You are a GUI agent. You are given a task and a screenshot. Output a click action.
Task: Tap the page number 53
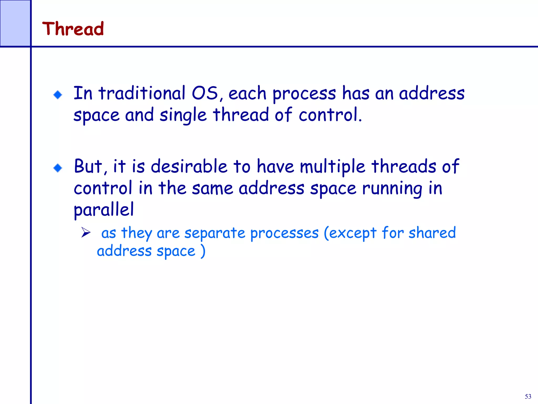(x=528, y=396)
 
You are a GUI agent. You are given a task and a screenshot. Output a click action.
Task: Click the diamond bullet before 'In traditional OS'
(x=58, y=95)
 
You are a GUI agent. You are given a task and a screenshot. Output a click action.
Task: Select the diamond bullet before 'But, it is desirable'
(x=58, y=168)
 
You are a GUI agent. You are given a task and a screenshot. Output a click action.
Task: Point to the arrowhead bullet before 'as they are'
(x=86, y=233)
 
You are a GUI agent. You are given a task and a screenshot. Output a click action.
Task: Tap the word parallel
(x=104, y=210)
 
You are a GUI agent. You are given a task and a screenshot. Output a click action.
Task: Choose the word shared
(x=432, y=233)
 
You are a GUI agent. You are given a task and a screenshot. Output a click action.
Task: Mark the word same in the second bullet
(x=212, y=188)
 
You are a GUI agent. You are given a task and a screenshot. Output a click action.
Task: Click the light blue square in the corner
(x=15, y=23)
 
